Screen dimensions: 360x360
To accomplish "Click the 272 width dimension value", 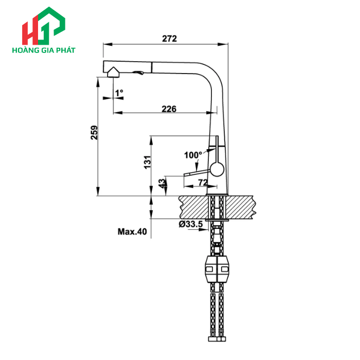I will click(x=169, y=39).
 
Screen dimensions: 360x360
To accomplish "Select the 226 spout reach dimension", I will click(x=169, y=109).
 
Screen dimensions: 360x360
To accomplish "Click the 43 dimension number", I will click(x=162, y=183).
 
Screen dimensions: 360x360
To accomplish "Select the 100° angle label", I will click(x=193, y=155).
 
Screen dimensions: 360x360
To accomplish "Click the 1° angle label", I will click(x=119, y=93).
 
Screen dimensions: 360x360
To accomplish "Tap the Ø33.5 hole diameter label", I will click(x=190, y=224).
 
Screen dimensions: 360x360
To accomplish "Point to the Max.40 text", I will click(x=132, y=232).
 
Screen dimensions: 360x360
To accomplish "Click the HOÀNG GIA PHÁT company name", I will click(x=43, y=50).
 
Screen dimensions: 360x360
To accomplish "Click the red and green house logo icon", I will click(x=43, y=26).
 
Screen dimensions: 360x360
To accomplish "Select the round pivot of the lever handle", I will click(x=217, y=168).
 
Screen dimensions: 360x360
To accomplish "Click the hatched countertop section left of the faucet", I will click(x=193, y=206).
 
